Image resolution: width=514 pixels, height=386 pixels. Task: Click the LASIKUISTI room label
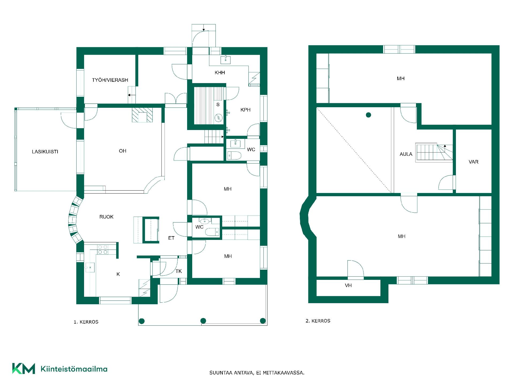tap(45, 152)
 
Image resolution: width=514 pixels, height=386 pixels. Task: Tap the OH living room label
tap(123, 151)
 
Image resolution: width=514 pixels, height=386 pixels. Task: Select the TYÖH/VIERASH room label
tap(110, 80)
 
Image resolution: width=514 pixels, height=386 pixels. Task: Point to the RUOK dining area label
tap(106, 217)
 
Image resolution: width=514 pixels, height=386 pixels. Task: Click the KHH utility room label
tap(220, 73)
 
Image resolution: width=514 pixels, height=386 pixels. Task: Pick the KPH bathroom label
tap(245, 110)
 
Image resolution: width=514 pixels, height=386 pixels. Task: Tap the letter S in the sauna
tap(218, 105)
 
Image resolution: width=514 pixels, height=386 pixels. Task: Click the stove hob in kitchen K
tap(103, 250)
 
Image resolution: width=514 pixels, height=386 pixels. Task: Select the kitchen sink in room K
tap(90, 267)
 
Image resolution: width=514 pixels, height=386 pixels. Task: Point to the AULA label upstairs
tap(406, 154)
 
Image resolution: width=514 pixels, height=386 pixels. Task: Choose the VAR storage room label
tap(474, 162)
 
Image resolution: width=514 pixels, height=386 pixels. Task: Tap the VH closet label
tap(348, 285)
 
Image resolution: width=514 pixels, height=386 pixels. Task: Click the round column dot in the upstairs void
tap(368, 115)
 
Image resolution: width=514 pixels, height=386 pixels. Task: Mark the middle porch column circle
tap(203, 321)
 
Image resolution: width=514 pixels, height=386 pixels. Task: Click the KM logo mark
tap(24, 369)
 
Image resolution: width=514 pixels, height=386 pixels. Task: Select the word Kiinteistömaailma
tap(74, 369)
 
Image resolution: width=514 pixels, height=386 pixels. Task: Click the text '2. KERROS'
tap(318, 321)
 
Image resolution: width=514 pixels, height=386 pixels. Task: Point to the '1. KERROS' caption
tap(86, 322)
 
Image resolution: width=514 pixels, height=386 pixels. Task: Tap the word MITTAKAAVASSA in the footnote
tap(284, 373)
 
